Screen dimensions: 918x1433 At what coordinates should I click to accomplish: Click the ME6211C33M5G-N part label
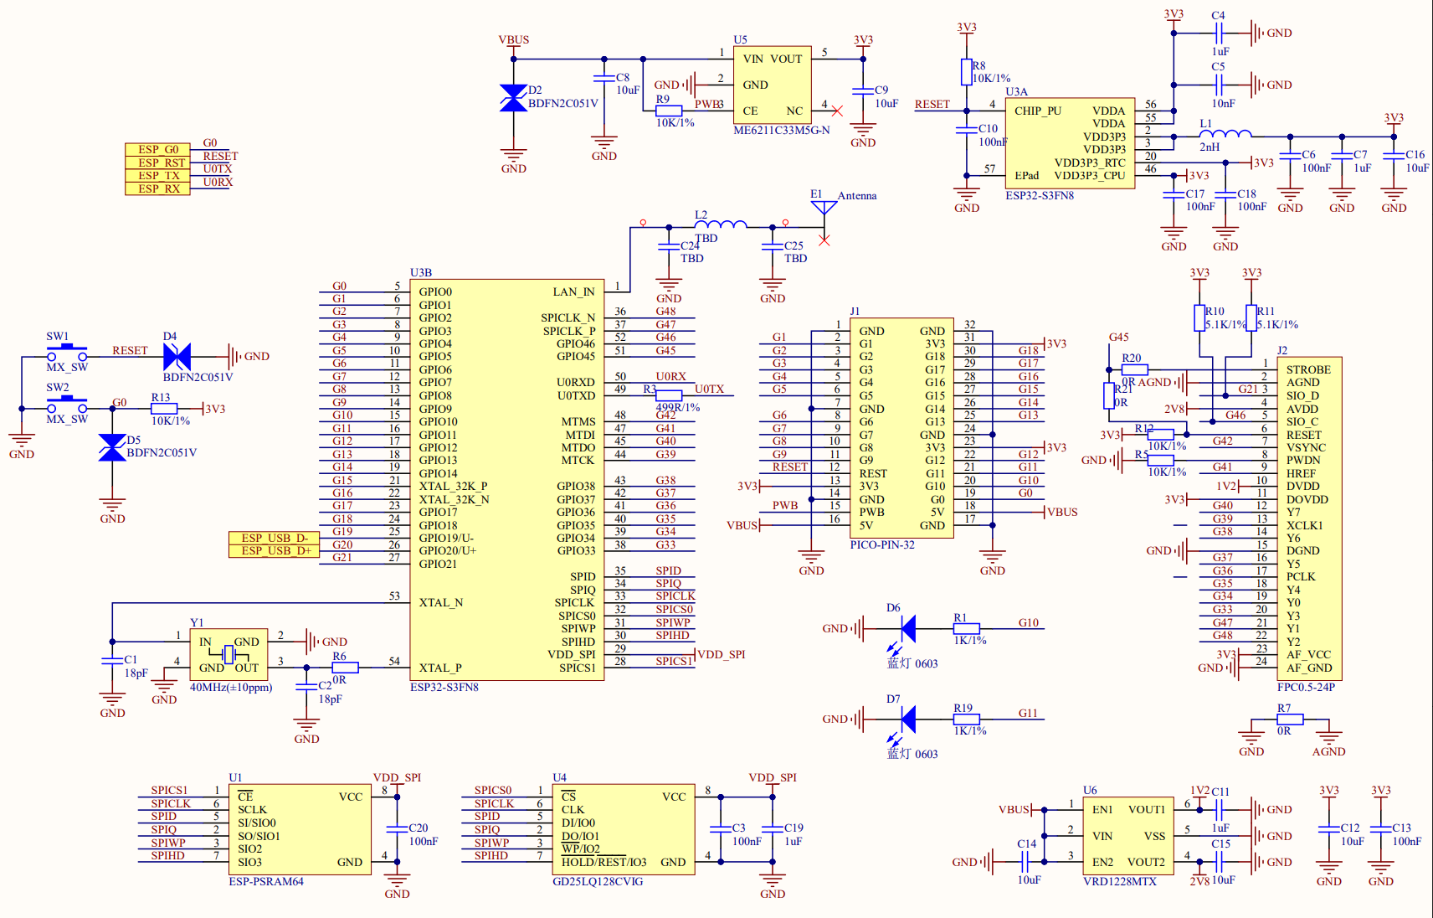click(x=781, y=131)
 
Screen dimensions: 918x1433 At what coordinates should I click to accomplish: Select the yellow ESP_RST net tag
click(x=158, y=162)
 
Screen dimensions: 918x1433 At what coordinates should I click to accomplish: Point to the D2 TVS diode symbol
click(x=513, y=98)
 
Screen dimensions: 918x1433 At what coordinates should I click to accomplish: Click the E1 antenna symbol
click(x=824, y=208)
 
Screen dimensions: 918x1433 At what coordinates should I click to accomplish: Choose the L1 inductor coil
click(x=1225, y=133)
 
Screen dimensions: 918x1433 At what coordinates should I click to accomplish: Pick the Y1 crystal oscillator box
click(x=229, y=653)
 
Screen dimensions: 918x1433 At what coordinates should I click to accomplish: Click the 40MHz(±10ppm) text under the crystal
click(x=231, y=688)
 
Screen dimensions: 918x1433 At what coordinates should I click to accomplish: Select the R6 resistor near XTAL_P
click(x=345, y=668)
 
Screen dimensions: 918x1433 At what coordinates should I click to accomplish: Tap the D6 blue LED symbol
click(x=907, y=628)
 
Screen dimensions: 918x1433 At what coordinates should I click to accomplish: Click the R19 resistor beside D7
click(x=967, y=719)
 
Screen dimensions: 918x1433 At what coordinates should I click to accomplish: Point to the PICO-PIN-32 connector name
click(x=882, y=544)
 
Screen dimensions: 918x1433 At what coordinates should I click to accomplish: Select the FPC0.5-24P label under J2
click(x=1306, y=687)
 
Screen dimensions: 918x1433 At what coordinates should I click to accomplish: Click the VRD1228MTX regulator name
click(x=1119, y=881)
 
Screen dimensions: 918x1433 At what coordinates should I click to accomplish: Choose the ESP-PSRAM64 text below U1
click(x=266, y=881)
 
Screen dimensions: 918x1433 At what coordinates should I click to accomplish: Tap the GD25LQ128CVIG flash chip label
click(x=598, y=881)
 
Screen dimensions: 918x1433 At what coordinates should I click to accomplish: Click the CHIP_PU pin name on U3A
click(x=1037, y=111)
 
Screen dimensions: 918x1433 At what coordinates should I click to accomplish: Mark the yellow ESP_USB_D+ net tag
click(x=275, y=550)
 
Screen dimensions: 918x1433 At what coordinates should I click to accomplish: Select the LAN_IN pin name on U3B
click(x=573, y=291)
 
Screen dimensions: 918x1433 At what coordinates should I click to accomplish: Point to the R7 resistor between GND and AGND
click(x=1290, y=719)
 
